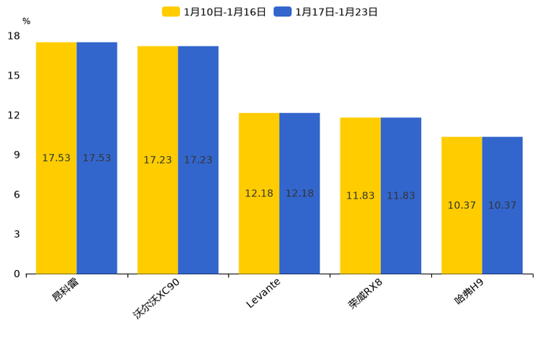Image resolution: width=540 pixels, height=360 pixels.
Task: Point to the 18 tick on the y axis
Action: pyautogui.click(x=14, y=36)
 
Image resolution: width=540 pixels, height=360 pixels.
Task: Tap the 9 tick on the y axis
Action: pyautogui.click(x=17, y=155)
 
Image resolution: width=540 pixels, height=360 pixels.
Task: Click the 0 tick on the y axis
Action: pyautogui.click(x=17, y=274)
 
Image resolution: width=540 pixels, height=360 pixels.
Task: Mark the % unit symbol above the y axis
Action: pyautogui.click(x=26, y=22)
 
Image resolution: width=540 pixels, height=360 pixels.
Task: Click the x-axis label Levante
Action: pyautogui.click(x=263, y=293)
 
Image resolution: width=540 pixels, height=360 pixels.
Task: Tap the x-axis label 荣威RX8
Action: pyautogui.click(x=365, y=293)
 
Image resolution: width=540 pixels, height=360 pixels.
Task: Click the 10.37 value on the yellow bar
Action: pyautogui.click(x=462, y=205)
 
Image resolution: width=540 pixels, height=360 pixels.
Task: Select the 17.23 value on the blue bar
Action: pyautogui.click(x=198, y=160)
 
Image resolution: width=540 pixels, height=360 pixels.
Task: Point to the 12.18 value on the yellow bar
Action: pyautogui.click(x=259, y=193)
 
